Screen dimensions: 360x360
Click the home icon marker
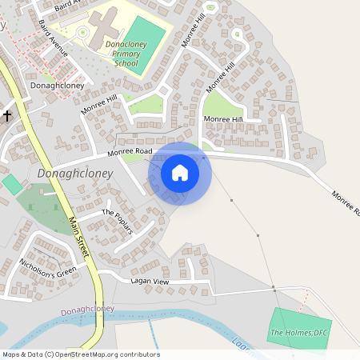[180, 173]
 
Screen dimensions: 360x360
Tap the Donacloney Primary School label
[126, 53]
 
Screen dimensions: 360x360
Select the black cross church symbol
[7, 115]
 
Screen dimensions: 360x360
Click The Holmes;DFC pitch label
[300, 332]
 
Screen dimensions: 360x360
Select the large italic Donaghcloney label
[75, 174]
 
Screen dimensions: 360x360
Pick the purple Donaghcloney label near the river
[87, 309]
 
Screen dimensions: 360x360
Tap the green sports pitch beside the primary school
[146, 46]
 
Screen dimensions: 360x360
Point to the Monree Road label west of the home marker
[130, 150]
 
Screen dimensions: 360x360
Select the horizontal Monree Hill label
[222, 119]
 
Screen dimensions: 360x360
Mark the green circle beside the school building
[82, 32]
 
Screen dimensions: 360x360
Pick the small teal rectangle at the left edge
[12, 184]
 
